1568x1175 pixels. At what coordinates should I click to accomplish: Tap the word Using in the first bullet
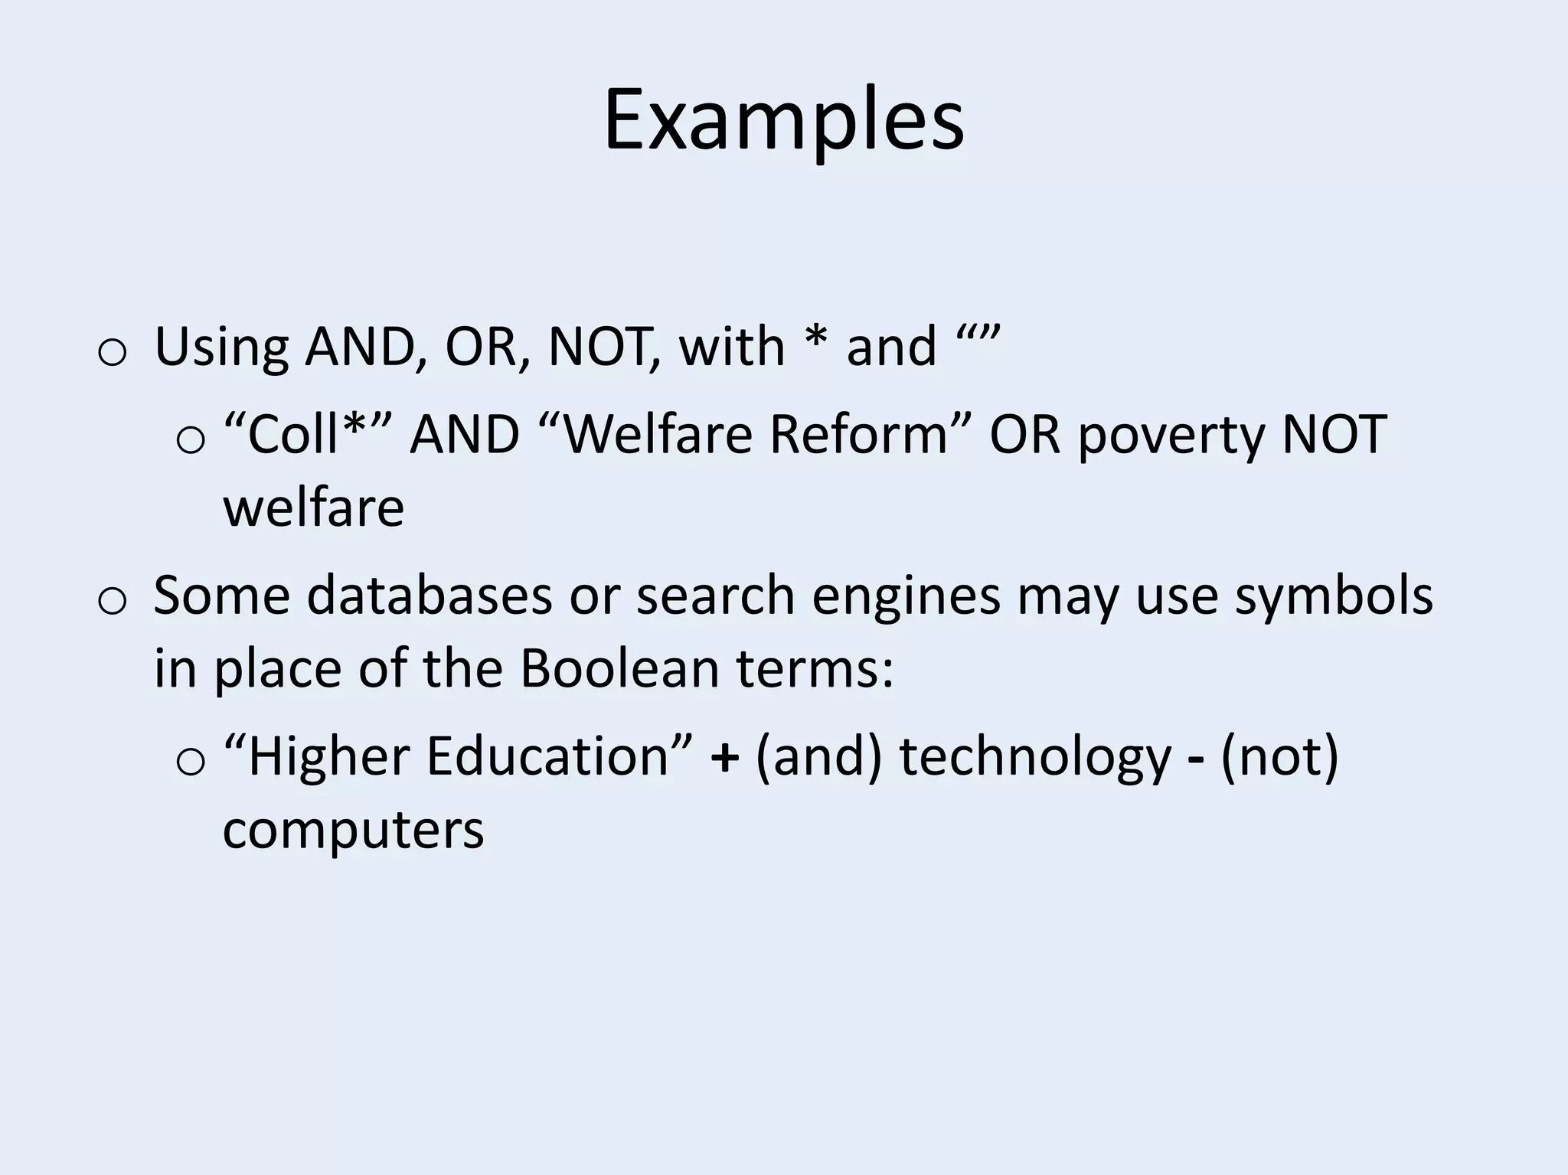[x=221, y=347]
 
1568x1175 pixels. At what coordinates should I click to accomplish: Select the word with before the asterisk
[x=732, y=347]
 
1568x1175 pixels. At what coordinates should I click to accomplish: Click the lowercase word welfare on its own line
[x=313, y=508]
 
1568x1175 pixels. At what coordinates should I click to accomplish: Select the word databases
[x=430, y=595]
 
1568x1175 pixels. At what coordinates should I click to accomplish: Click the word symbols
[x=1333, y=596]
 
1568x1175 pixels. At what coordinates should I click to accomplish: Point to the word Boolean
[x=620, y=668]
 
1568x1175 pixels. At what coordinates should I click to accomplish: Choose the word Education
[x=548, y=756]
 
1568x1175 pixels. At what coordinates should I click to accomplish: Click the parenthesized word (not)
[x=1279, y=756]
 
